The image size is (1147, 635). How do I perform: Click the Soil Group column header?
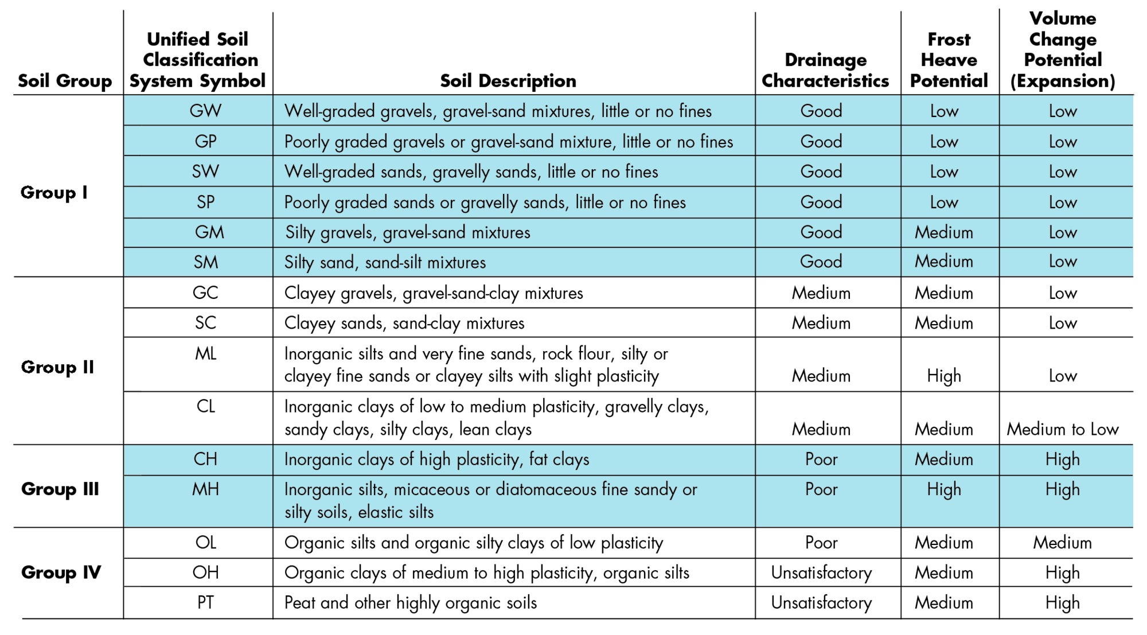click(x=65, y=81)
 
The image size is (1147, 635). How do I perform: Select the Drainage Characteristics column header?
click(x=825, y=70)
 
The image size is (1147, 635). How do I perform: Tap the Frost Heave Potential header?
click(x=949, y=60)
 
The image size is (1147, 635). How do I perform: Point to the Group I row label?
click(x=54, y=192)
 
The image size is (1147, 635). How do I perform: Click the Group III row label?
click(x=60, y=489)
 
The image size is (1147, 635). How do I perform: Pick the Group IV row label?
click(x=61, y=572)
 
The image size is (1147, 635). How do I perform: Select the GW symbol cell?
click(x=205, y=111)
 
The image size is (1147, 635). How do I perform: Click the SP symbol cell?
click(x=205, y=202)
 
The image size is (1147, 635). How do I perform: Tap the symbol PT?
click(x=205, y=602)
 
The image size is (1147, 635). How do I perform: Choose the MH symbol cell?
click(x=205, y=489)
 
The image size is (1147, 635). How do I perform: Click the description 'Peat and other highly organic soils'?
click(x=411, y=602)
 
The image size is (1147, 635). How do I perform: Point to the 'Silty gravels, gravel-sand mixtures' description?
click(x=408, y=232)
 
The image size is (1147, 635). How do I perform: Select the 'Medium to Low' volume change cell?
click(x=1063, y=429)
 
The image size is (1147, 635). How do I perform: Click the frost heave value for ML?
click(x=944, y=376)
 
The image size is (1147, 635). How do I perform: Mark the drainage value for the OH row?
click(x=821, y=572)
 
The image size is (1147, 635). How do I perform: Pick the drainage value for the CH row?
click(x=821, y=459)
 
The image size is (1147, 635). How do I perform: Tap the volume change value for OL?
click(x=1063, y=543)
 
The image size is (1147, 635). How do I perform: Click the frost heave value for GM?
click(x=944, y=232)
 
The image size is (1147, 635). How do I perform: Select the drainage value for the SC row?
click(x=821, y=323)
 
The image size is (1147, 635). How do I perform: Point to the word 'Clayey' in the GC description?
click(x=310, y=293)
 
